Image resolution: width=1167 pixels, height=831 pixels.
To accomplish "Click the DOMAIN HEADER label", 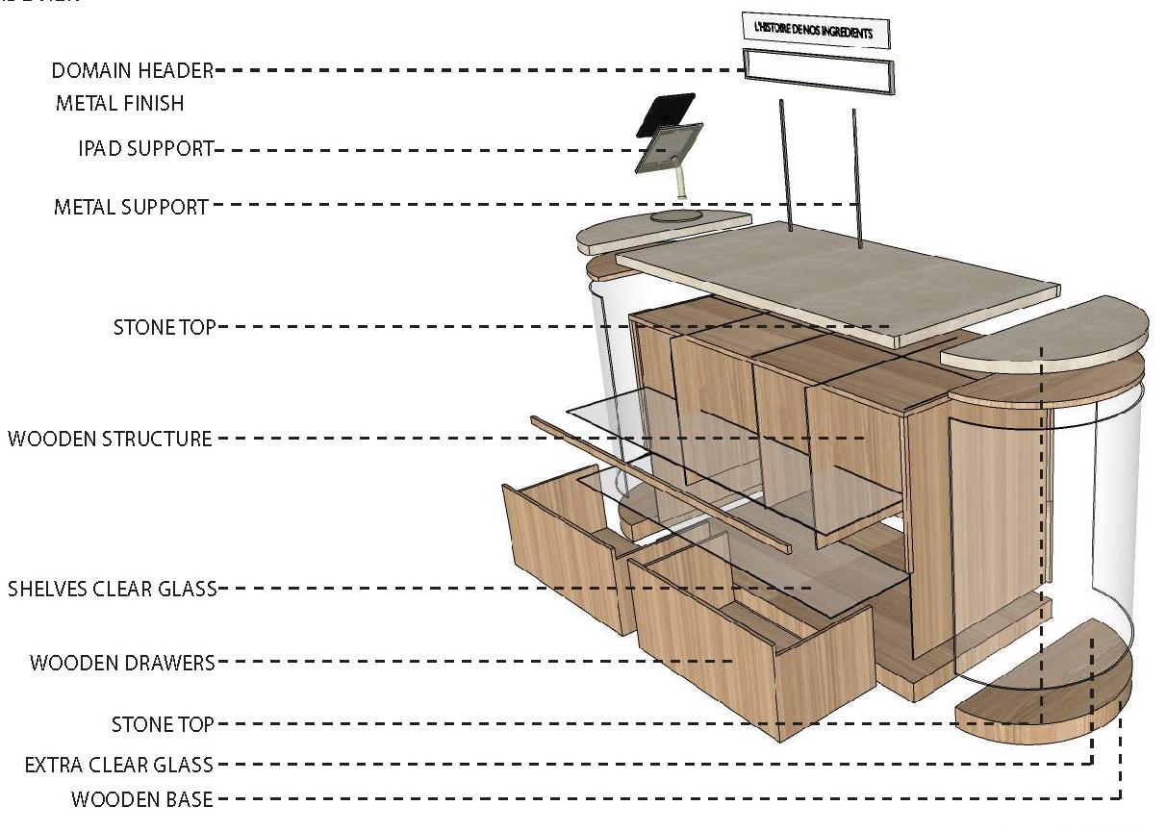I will tap(132, 71).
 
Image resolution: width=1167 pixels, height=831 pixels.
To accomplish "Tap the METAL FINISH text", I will tap(119, 103).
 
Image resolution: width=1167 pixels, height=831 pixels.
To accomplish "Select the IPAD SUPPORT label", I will tap(145, 149).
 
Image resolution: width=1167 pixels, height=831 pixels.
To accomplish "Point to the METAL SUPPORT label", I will tap(131, 206).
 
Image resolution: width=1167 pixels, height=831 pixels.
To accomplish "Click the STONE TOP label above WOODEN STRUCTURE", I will tap(165, 327).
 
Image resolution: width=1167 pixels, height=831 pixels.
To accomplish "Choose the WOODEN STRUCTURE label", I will tap(110, 440).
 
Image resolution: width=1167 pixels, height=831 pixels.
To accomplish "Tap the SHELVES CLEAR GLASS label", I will tap(112, 589).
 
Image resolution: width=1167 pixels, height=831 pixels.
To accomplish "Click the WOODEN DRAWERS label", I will tap(122, 663).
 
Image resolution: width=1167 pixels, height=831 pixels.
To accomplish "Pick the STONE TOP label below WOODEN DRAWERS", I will tap(163, 724).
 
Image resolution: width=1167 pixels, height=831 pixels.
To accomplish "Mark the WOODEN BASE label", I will tap(142, 799).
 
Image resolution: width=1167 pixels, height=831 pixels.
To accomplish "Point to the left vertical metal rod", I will tap(784, 164).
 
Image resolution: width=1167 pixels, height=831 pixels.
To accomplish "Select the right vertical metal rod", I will tap(856, 173).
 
